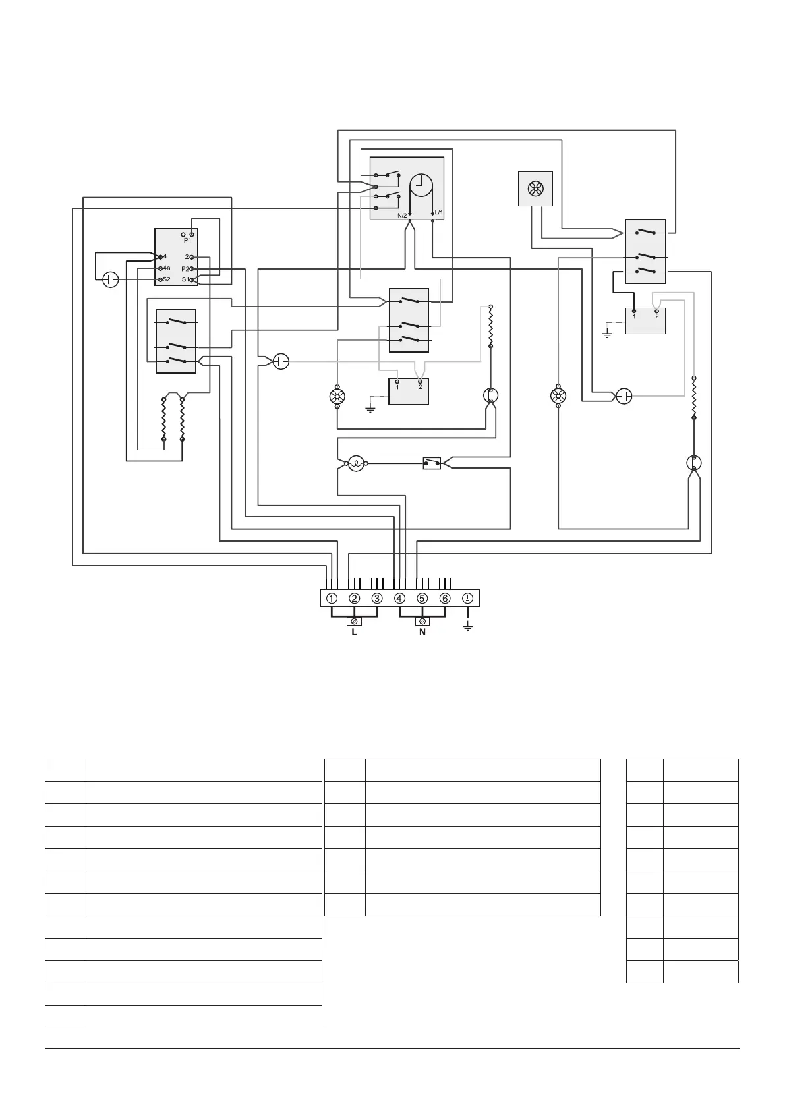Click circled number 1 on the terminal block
click(x=332, y=599)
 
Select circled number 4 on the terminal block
click(x=399, y=599)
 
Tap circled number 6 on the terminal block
click(x=445, y=599)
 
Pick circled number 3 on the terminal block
click(x=377, y=599)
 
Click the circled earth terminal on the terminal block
click(x=467, y=599)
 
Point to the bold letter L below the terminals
click(x=354, y=633)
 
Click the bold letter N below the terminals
click(x=422, y=633)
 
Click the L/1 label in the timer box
click(x=439, y=212)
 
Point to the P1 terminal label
click(x=187, y=241)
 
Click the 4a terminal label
click(x=166, y=268)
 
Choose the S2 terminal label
click(x=166, y=279)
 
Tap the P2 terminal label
click(x=185, y=269)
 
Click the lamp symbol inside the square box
click(x=535, y=189)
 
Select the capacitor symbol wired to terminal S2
click(x=111, y=279)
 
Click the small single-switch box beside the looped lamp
click(x=432, y=463)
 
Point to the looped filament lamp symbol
click(x=356, y=463)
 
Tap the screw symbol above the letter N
click(x=422, y=621)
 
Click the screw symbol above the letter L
click(x=354, y=621)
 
